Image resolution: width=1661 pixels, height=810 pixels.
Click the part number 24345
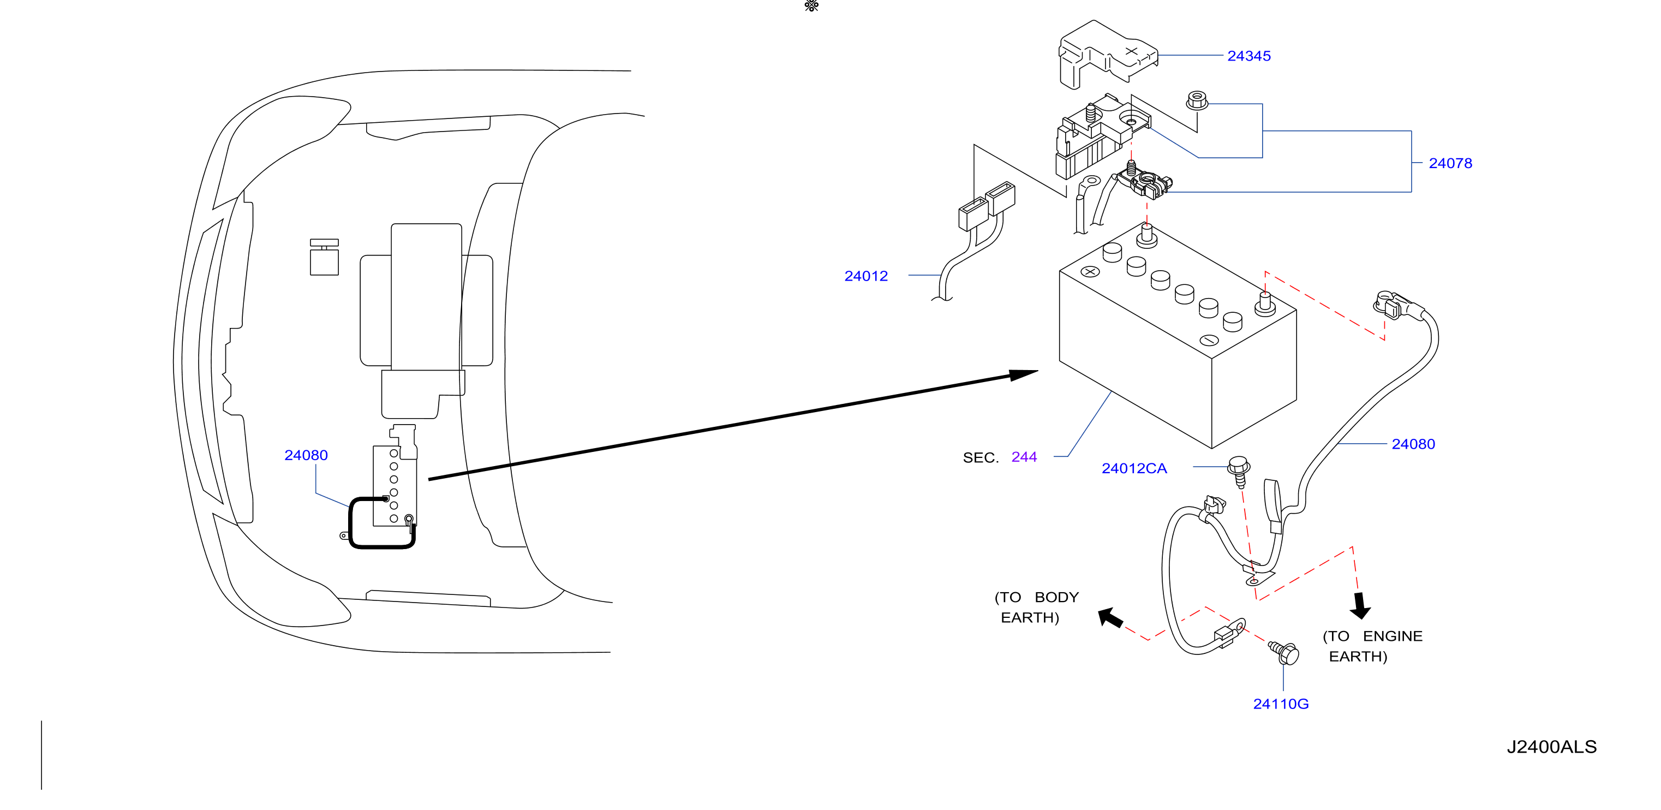coord(1248,56)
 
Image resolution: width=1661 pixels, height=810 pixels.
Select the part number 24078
coord(1450,163)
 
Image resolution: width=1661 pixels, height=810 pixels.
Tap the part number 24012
coord(866,276)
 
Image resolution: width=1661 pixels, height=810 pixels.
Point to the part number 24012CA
coord(1134,468)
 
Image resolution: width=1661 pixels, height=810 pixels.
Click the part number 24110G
coord(1281,704)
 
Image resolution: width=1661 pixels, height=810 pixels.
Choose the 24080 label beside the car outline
coord(306,455)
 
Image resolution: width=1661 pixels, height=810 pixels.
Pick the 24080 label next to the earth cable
coord(1413,444)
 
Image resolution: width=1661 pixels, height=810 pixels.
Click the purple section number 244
coord(1024,457)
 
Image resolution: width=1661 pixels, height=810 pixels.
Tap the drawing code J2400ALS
coord(1551,747)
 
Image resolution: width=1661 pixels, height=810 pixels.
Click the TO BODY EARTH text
coord(1036,607)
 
